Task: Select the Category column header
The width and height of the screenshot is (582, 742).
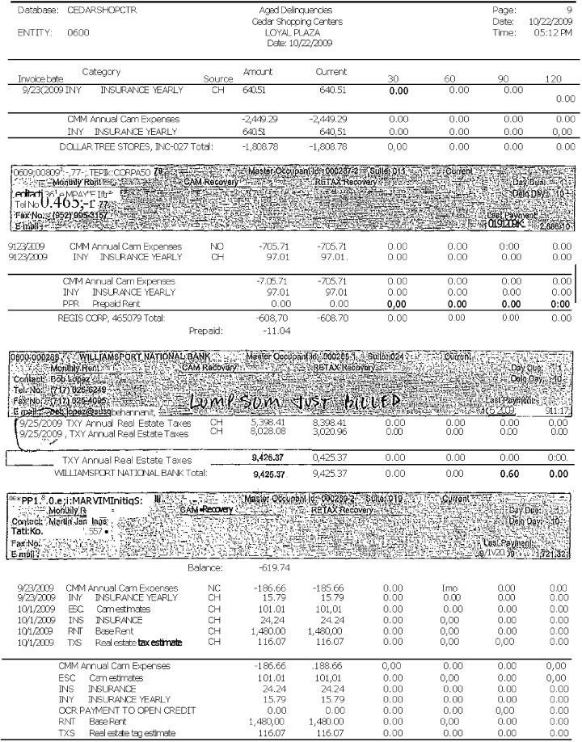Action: coord(101,73)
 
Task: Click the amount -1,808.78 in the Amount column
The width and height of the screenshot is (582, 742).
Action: coord(261,147)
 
